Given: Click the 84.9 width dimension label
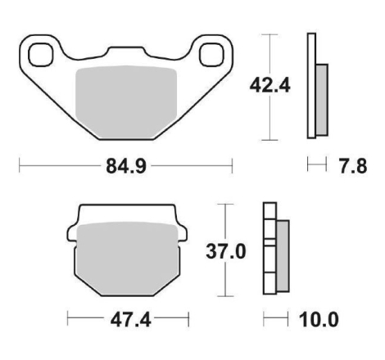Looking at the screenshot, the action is click(126, 166).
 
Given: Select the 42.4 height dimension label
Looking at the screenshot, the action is click(269, 86).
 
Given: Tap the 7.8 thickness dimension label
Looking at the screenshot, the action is click(353, 166).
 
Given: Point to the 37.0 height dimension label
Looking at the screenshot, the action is click(226, 251).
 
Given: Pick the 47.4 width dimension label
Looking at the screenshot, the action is click(130, 320).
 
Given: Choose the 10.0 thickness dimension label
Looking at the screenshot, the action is click(319, 320).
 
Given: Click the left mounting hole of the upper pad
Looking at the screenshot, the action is click(41, 55).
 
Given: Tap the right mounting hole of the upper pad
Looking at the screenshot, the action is click(211, 55).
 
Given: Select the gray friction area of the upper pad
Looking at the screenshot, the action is click(126, 101).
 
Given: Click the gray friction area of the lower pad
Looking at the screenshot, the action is click(128, 259).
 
